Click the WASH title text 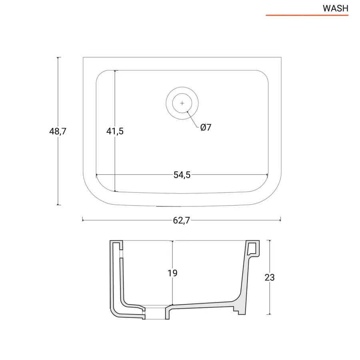(x=336, y=8)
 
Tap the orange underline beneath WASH (x=307, y=15)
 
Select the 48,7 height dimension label (x=58, y=131)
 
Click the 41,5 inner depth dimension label (x=115, y=131)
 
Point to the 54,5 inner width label (x=182, y=175)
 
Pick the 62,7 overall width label (x=181, y=220)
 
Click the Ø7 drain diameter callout (x=206, y=127)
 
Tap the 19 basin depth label (x=172, y=273)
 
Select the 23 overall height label (x=270, y=278)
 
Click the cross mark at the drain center (x=182, y=103)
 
